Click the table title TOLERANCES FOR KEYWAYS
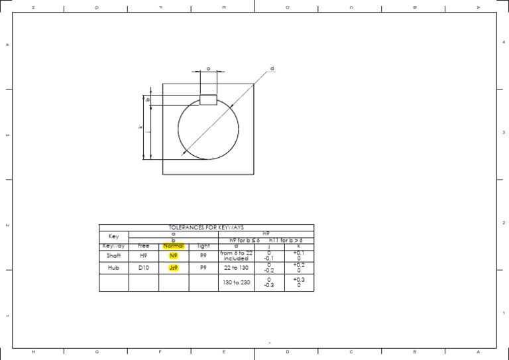tap(206, 227)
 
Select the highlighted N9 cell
tap(174, 255)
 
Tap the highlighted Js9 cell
tap(174, 269)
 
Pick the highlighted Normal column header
tap(174, 246)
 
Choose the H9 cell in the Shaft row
tap(144, 255)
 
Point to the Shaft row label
tap(113, 255)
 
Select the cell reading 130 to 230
tap(236, 282)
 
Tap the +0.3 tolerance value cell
tap(299, 282)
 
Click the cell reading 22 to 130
tap(236, 268)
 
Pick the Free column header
tap(144, 246)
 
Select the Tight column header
tap(203, 246)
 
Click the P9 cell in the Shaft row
tap(203, 255)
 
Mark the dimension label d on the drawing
tap(272, 69)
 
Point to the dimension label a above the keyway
tap(208, 68)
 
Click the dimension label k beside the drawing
tap(141, 128)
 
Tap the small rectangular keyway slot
tap(208, 100)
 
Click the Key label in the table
tap(113, 237)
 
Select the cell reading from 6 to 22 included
tap(236, 255)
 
